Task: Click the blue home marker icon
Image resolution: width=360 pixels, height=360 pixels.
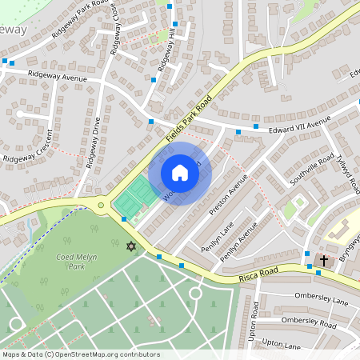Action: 180,173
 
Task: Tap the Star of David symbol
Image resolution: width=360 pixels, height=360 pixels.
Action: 131,246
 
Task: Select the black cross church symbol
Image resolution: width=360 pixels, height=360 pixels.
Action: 325,261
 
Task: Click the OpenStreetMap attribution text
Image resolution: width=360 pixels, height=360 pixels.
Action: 81,354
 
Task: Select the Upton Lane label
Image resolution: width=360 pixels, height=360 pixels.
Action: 281,346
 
